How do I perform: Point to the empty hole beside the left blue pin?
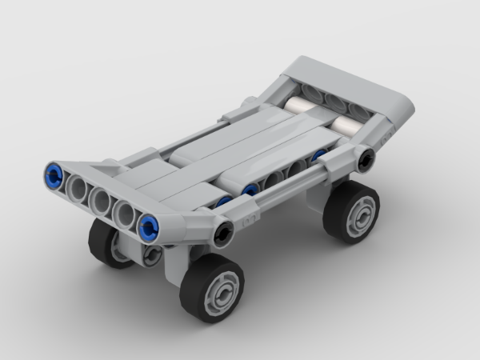click(78, 186)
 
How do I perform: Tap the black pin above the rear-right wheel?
click(366, 160)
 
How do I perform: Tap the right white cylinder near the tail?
click(346, 125)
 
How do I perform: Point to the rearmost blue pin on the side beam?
click(320, 154)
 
